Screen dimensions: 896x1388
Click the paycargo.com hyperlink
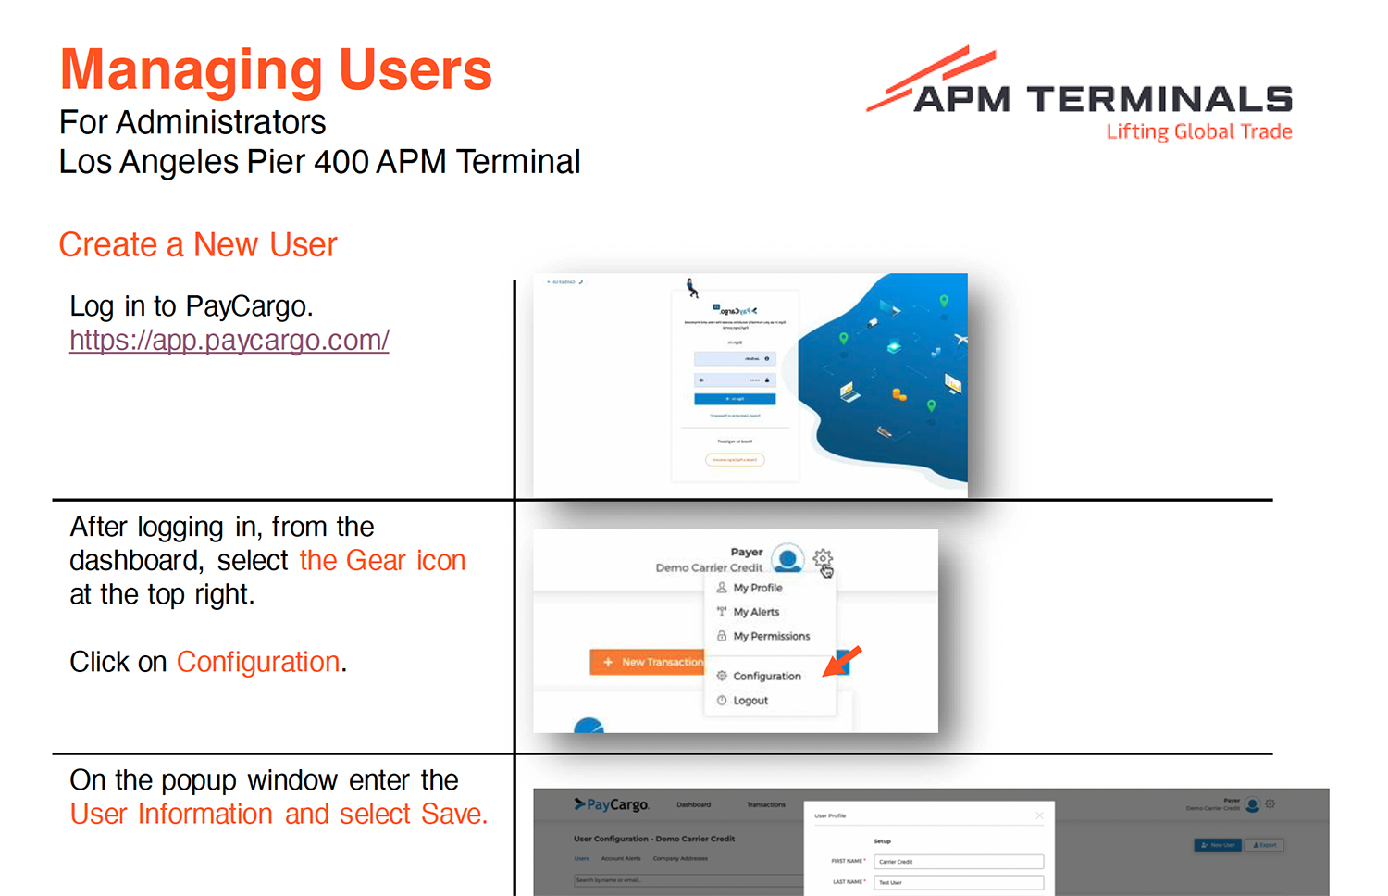(229, 341)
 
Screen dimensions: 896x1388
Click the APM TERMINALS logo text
(1102, 99)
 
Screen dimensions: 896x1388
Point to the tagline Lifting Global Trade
(1198, 131)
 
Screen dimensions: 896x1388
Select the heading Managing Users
(276, 70)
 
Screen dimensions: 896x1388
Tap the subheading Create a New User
(198, 245)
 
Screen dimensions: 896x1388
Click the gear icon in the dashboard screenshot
(822, 558)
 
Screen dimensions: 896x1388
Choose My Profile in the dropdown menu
(757, 588)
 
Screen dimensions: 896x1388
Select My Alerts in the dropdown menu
(755, 612)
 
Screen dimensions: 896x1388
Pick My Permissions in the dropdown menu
(771, 636)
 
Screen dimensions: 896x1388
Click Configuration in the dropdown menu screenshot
(766, 677)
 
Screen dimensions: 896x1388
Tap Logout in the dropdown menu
(750, 701)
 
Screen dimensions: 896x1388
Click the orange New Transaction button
(648, 662)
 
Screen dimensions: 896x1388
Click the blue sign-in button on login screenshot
(735, 399)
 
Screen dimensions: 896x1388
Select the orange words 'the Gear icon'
(382, 561)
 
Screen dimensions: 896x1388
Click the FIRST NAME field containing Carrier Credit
(958, 862)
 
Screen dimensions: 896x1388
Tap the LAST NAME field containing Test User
(958, 883)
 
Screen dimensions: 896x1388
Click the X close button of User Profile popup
(1039, 815)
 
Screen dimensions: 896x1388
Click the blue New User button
(1217, 845)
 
